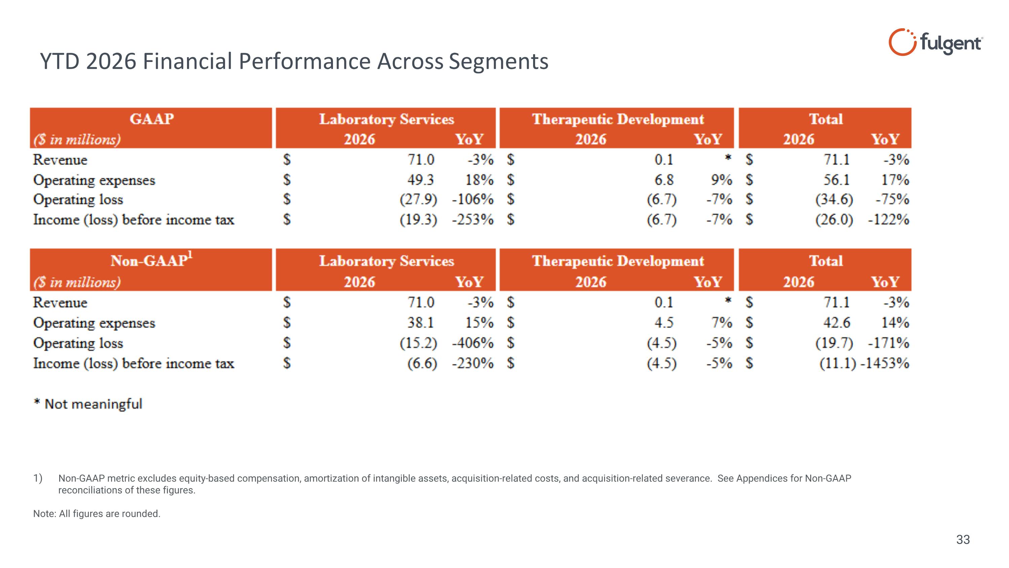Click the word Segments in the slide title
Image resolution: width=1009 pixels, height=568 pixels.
point(498,62)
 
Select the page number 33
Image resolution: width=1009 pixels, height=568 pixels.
point(963,540)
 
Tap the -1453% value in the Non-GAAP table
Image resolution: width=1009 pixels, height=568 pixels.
point(885,363)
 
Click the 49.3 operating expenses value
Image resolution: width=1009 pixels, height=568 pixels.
point(421,180)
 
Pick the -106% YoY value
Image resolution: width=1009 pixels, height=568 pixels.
point(473,200)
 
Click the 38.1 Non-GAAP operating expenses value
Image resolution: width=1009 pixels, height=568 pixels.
point(421,323)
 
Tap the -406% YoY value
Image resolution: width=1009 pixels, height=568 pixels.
point(473,343)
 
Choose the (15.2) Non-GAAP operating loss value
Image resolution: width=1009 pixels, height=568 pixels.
point(418,343)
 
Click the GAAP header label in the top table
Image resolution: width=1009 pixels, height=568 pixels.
point(152,119)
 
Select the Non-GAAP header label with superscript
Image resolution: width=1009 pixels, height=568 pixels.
point(152,260)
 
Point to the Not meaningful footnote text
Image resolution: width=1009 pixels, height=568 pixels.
point(93,404)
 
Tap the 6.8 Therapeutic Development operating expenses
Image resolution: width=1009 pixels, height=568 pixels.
point(664,180)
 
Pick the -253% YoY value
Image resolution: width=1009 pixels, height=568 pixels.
point(473,220)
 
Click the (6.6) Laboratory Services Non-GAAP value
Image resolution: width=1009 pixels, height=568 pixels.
point(422,363)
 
